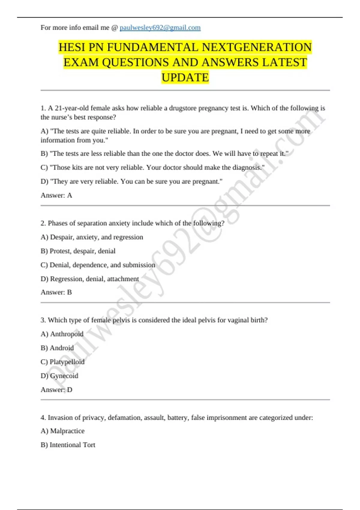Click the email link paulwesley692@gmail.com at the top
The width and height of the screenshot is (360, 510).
pyautogui.click(x=160, y=28)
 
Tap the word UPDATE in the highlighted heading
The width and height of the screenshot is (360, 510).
pyautogui.click(x=185, y=77)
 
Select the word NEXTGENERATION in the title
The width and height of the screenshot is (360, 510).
pyautogui.click(x=257, y=47)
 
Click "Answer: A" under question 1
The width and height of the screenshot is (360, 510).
pyautogui.click(x=56, y=195)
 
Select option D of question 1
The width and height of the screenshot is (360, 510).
pyautogui.click(x=131, y=181)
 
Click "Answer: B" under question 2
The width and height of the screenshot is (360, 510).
pyautogui.click(x=56, y=292)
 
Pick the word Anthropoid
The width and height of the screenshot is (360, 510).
pyautogui.click(x=67, y=334)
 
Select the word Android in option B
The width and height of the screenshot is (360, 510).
pyautogui.click(x=61, y=348)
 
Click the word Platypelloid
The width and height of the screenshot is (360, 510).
pyautogui.click(x=67, y=362)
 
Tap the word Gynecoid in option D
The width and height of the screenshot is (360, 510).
pyautogui.click(x=64, y=376)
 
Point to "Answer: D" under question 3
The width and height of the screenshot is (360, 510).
pyautogui.click(x=56, y=390)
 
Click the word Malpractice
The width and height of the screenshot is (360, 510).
pyautogui.click(x=67, y=431)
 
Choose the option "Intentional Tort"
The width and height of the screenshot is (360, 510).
pyautogui.click(x=72, y=445)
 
